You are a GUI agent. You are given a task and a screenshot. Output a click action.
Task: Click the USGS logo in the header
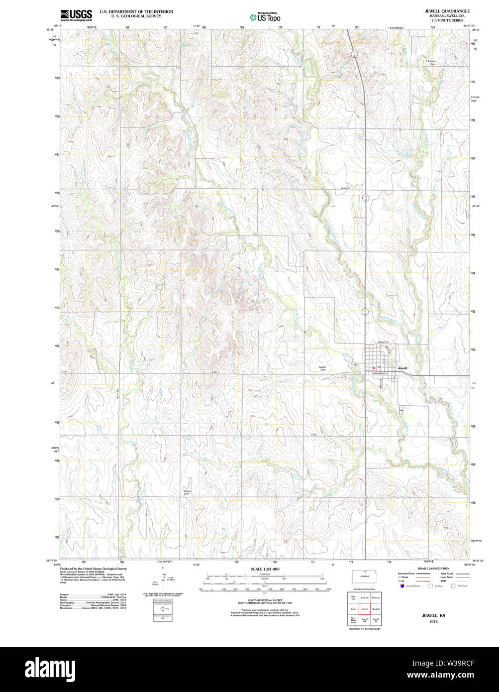(x=76, y=15)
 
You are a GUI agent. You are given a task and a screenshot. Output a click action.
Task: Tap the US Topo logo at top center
(x=265, y=17)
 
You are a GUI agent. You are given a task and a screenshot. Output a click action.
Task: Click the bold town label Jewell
(x=402, y=368)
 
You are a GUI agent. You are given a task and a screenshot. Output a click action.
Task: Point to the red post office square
(x=374, y=368)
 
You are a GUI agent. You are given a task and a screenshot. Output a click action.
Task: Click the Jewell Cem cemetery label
(x=322, y=369)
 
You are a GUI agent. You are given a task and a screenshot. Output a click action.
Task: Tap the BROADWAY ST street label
(x=381, y=373)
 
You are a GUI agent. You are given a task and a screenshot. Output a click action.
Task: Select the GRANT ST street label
(x=383, y=343)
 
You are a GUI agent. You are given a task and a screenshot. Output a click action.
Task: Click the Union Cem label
(x=187, y=492)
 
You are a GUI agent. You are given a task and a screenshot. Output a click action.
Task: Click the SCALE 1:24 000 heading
(x=265, y=569)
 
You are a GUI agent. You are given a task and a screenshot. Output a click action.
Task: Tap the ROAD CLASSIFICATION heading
(x=433, y=568)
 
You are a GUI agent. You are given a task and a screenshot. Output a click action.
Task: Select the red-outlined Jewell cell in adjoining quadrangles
(x=364, y=608)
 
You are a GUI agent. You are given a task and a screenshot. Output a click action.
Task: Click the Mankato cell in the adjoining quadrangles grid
(x=364, y=597)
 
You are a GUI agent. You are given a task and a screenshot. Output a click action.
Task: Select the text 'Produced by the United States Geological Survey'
(x=94, y=568)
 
